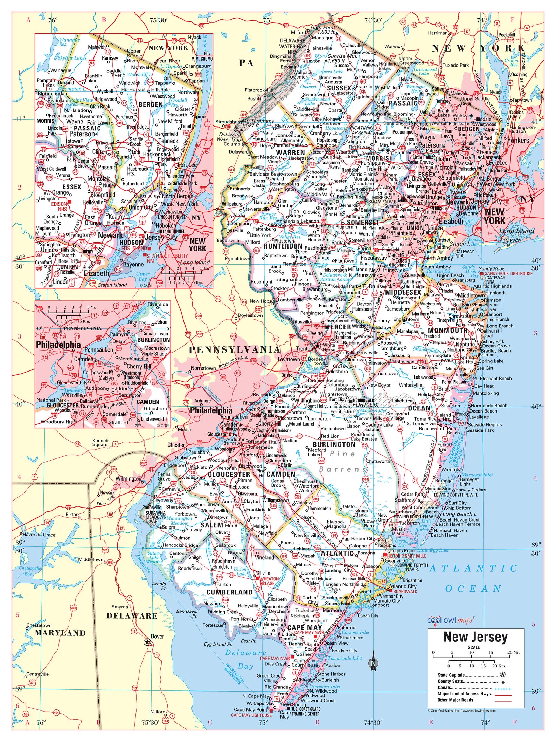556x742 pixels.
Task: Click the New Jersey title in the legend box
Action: (475, 637)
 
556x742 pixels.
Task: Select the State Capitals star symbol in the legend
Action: (502, 674)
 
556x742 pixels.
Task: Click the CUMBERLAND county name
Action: (229, 592)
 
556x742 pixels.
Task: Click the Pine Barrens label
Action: (343, 461)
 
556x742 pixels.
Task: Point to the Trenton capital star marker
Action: (317, 346)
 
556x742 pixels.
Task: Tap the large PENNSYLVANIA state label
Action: (235, 349)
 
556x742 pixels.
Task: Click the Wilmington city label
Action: (128, 478)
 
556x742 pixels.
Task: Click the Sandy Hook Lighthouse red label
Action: (510, 273)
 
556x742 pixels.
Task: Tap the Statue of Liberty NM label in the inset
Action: (167, 258)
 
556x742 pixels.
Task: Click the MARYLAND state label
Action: (60, 633)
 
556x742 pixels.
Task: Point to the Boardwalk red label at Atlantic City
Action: (405, 591)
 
